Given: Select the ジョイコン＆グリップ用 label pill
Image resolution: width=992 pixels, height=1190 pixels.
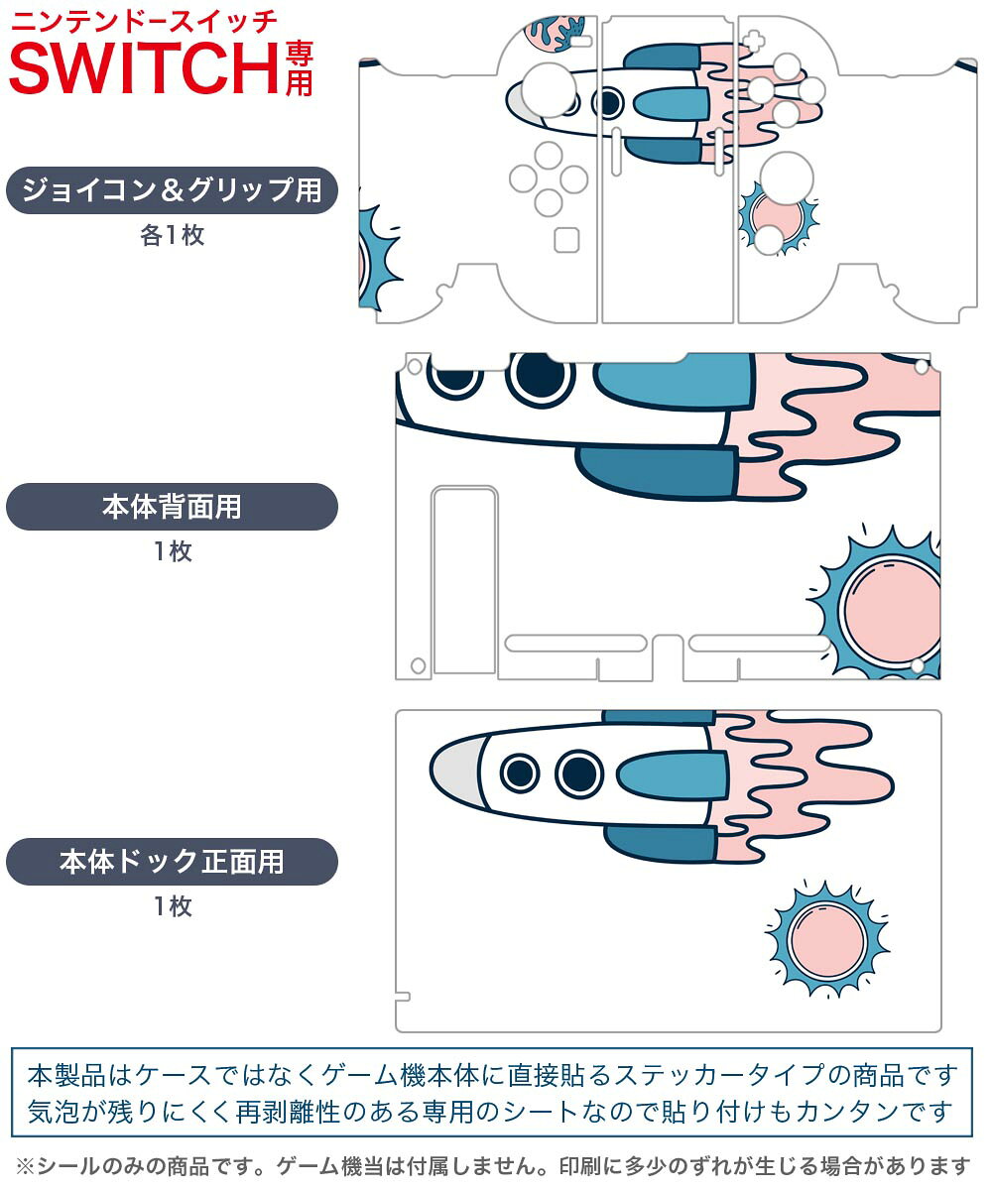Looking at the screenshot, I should [x=172, y=189].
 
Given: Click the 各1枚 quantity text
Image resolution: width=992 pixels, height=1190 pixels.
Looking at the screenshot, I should [x=172, y=236].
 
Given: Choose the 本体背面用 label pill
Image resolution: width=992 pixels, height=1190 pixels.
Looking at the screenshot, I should [x=172, y=507].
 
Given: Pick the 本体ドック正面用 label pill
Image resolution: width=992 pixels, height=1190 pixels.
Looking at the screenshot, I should [x=172, y=861].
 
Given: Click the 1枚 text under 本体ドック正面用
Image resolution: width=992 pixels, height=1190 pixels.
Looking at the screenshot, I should [x=172, y=906].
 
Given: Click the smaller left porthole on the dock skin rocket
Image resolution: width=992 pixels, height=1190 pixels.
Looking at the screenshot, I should [x=519, y=773].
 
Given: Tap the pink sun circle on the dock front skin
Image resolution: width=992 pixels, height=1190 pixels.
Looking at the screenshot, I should [x=827, y=937].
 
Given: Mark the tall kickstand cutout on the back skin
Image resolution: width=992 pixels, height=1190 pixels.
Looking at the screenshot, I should [x=464, y=580].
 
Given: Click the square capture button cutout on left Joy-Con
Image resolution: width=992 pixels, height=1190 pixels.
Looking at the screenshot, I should [x=566, y=241].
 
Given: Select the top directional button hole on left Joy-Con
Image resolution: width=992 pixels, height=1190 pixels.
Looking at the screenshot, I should [x=548, y=154].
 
